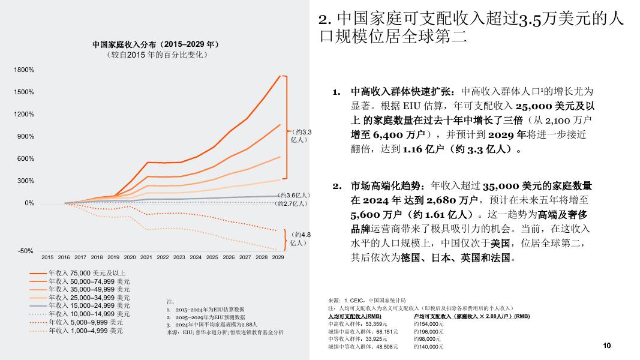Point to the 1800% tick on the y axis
click(25, 70)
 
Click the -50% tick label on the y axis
click(26, 251)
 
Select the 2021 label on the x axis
click(146, 257)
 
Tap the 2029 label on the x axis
click(278, 257)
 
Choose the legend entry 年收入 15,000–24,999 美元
click(89, 305)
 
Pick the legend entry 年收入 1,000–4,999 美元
click(86, 330)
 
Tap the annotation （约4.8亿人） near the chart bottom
click(299, 239)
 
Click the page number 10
click(606, 346)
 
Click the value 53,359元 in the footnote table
click(385, 323)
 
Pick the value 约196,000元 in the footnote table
click(429, 331)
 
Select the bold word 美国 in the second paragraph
click(500, 244)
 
